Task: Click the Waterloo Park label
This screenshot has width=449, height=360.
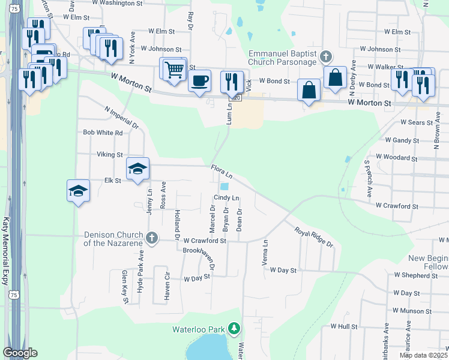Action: pos(197,329)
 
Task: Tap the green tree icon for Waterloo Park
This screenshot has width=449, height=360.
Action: pos(234,328)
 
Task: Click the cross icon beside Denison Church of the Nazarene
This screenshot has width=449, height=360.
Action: pos(152,238)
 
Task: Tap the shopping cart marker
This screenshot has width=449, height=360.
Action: pos(173,69)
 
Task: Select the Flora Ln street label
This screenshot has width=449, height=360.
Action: pos(221,172)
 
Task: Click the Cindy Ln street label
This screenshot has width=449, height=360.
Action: pos(226,198)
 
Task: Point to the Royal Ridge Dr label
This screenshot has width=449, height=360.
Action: pos(313,236)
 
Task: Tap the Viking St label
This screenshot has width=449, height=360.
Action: pos(110,154)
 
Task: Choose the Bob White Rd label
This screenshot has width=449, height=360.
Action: pos(103,133)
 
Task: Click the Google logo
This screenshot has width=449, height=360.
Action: pos(20,353)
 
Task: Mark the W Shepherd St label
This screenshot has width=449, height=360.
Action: pos(416,275)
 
